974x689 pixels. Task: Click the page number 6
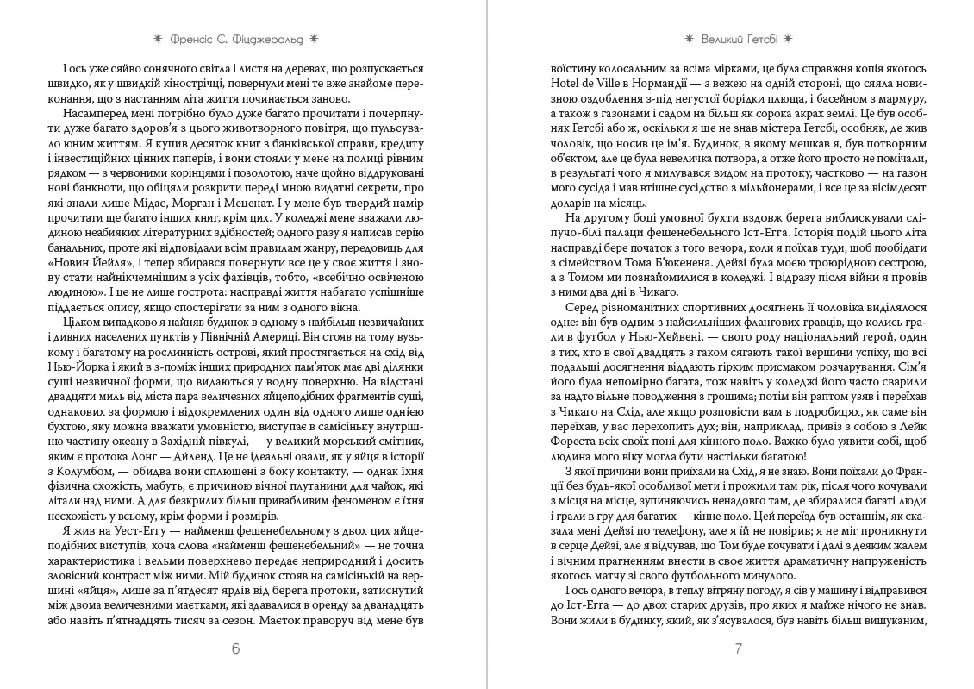236,649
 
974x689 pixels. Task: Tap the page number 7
738,649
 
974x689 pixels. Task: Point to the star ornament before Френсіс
156,38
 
